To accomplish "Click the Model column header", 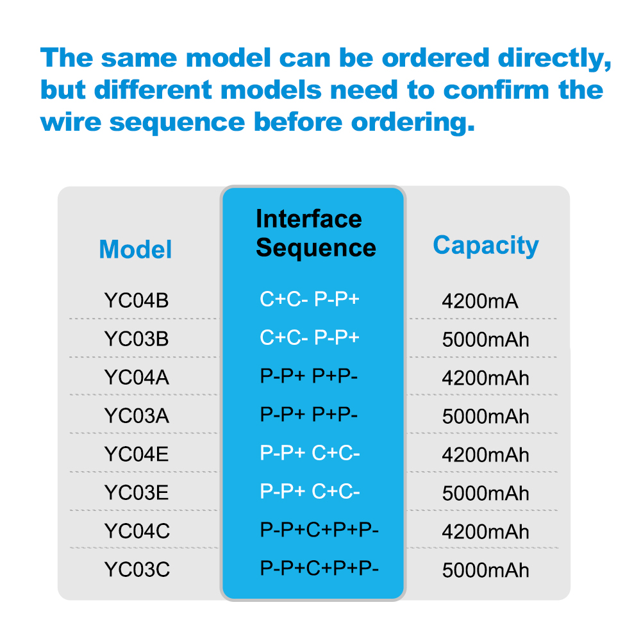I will (136, 249).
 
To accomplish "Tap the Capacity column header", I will (486, 246).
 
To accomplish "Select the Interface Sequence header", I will (315, 233).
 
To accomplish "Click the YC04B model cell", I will (137, 300).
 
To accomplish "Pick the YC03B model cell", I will (137, 338).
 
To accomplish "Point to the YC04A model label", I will (137, 377).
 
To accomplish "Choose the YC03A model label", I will (137, 415).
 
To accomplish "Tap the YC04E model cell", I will (137, 454).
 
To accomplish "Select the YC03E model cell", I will (137, 492).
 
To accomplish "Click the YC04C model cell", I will (137, 531).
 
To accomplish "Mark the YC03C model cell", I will (137, 569).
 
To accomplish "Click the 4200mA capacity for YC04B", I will (479, 301).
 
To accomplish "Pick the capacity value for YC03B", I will (486, 339).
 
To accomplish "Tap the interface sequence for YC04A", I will (309, 376).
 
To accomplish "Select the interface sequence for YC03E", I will (310, 492).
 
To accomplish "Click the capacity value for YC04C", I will (486, 531).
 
